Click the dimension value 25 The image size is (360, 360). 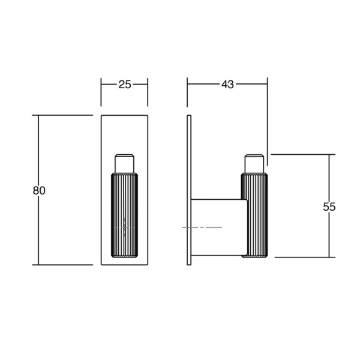pyautogui.click(x=124, y=85)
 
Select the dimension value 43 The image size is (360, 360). pyautogui.click(x=227, y=85)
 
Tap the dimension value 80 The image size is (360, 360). pyautogui.click(x=39, y=190)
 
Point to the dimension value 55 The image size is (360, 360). pyautogui.click(x=329, y=206)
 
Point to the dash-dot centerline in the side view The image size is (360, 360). pyautogui.click(x=202, y=227)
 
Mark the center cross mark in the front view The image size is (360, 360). pyautogui.click(x=124, y=227)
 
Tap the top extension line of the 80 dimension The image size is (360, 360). pyautogui.click(x=66, y=115)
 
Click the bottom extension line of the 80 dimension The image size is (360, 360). pyautogui.click(x=66, y=265)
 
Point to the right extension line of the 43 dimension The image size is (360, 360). pyautogui.click(x=267, y=120)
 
